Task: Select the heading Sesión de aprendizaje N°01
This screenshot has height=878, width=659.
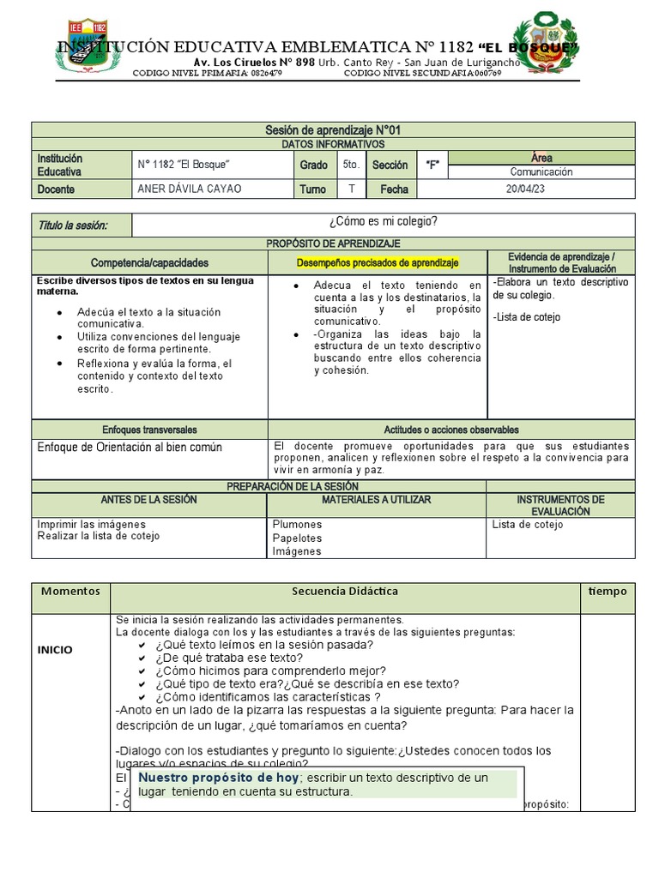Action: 334,129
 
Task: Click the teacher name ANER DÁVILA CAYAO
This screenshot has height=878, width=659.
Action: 189,189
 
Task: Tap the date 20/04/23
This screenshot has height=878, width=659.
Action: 525,189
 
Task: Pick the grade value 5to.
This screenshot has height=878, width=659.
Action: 350,165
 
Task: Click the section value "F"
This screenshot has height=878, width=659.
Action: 432,165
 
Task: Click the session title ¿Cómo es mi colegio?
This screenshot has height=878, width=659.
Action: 384,222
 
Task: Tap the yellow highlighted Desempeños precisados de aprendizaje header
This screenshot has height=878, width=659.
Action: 378,262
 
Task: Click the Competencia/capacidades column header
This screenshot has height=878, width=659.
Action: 149,262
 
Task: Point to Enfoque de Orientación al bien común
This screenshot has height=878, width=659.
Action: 130,448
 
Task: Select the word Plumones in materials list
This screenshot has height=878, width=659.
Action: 297,524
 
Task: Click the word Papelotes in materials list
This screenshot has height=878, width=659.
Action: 297,538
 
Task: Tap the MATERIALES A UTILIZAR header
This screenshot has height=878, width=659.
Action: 377,499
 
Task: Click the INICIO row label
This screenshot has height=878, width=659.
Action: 55,650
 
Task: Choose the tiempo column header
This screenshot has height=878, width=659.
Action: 608,592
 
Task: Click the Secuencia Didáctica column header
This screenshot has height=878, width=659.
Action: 345,592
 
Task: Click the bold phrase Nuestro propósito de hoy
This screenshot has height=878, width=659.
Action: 219,778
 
